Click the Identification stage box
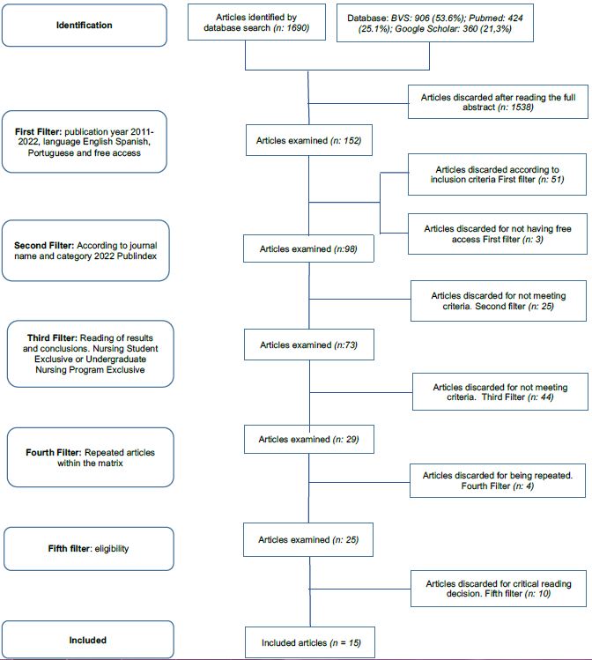[85, 25]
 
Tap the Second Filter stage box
[85, 250]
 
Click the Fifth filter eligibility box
[85, 549]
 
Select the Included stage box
[85, 640]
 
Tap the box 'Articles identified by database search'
[256, 25]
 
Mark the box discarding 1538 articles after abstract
[497, 102]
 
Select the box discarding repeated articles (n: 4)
[498, 481]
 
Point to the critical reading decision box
[497, 590]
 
